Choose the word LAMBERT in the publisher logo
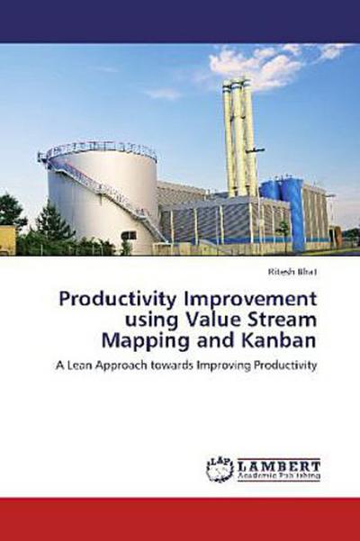[x=278, y=464]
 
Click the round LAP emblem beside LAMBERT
[x=220, y=467]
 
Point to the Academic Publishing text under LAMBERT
[x=278, y=477]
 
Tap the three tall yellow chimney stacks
[x=238, y=135]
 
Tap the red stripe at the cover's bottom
[x=180, y=518]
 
